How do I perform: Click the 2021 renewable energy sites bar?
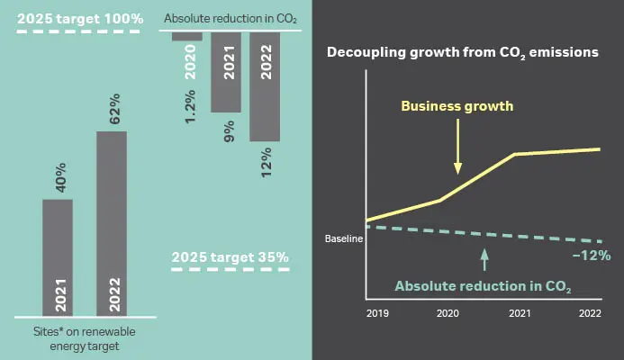click(58, 257)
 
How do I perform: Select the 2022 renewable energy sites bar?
click(112, 224)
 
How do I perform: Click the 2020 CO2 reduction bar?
click(187, 36)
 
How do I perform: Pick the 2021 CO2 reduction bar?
click(226, 71)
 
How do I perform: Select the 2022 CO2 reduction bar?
click(265, 85)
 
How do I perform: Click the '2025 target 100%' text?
click(79, 18)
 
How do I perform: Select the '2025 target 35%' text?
click(231, 257)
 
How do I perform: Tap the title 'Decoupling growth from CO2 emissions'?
click(462, 53)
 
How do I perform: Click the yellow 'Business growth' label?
click(457, 106)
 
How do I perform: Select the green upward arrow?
click(484, 259)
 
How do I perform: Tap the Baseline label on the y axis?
click(343, 239)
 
